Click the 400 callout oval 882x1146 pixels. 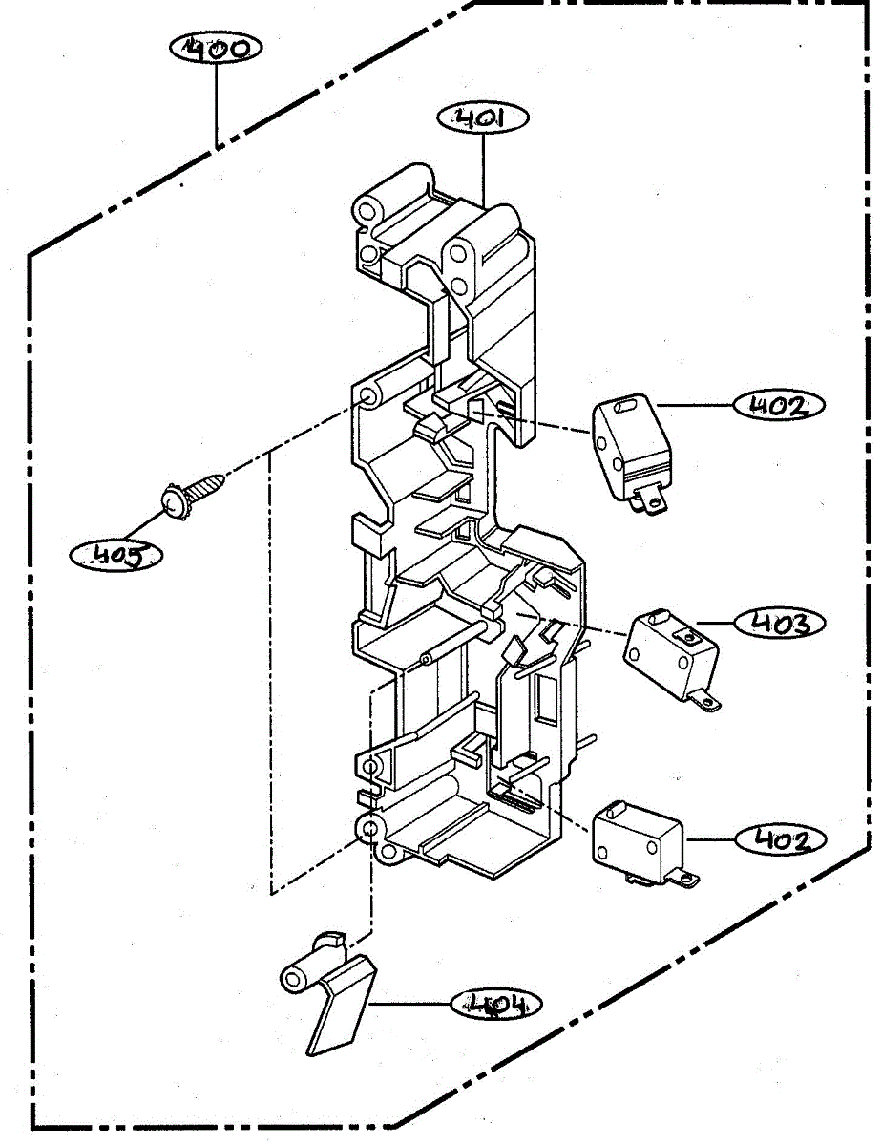pos(216,47)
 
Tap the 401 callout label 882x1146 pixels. pos(483,118)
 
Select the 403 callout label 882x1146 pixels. pos(780,623)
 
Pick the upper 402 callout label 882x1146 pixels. pos(778,406)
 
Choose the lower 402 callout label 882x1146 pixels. pos(780,839)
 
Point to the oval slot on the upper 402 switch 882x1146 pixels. pos(625,407)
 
